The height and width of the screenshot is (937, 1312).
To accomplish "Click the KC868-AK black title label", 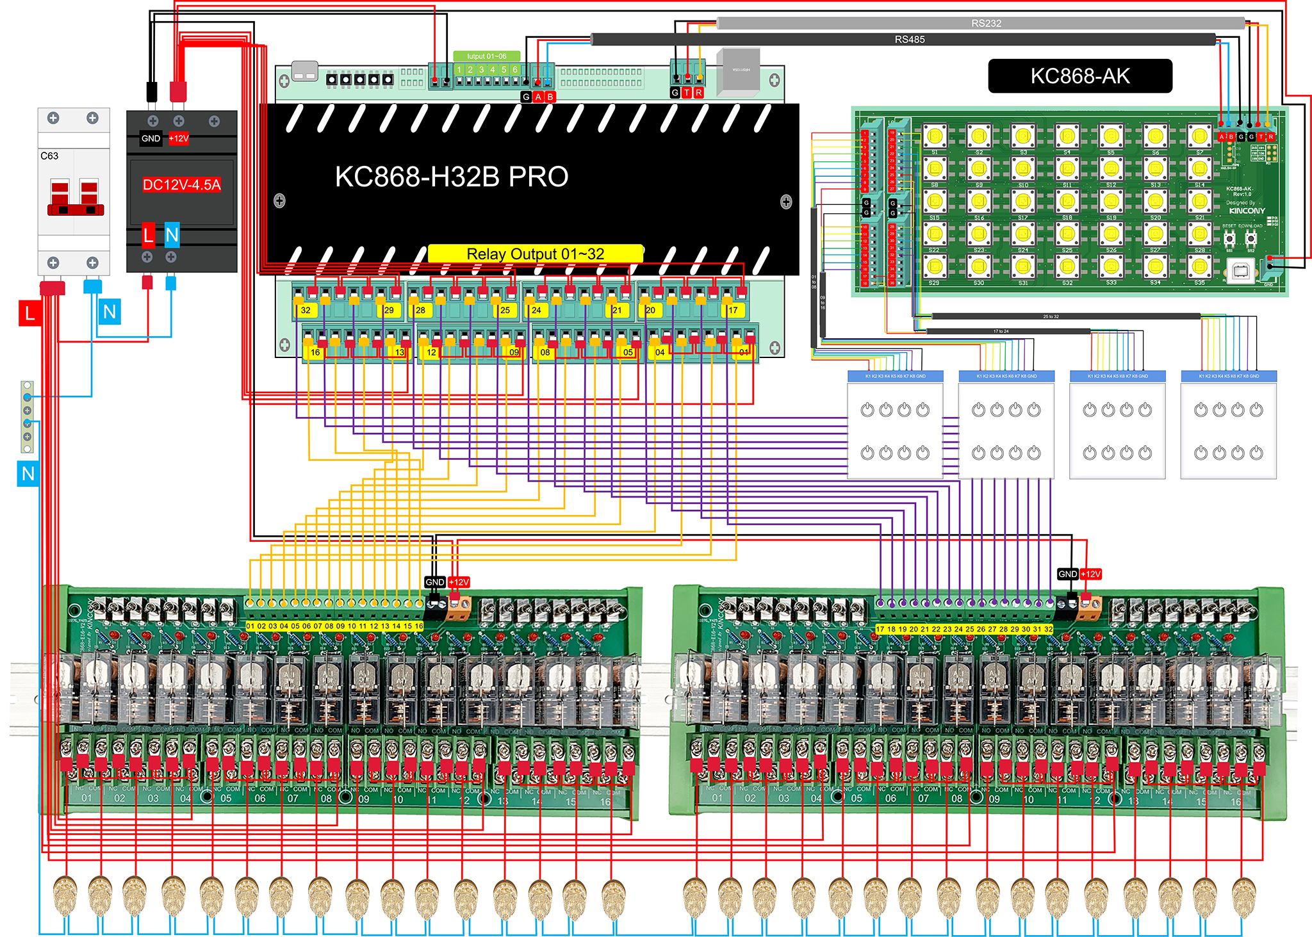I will [1080, 76].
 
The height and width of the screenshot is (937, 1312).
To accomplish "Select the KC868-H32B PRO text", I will [452, 177].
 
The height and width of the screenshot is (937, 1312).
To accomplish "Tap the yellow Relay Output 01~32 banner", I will [535, 254].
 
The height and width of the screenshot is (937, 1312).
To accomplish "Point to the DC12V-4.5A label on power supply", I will [181, 185].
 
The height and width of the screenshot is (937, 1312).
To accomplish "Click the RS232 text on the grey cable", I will [986, 24].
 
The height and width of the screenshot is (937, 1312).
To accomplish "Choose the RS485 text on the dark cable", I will [910, 40].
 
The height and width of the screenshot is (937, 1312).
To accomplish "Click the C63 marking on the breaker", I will [49, 156].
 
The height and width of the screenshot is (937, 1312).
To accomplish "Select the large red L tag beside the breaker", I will [29, 313].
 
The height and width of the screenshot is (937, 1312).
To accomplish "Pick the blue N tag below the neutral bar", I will [28, 474].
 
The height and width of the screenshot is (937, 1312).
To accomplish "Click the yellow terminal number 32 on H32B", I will [306, 310].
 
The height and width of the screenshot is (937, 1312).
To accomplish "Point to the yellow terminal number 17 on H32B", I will [733, 310].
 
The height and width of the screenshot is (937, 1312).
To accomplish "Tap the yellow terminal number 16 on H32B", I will [315, 352].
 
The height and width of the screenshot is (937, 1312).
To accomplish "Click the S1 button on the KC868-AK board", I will [935, 136].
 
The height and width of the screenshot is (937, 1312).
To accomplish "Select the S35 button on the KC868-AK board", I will [1200, 266].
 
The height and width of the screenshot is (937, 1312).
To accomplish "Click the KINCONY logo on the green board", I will [1247, 211].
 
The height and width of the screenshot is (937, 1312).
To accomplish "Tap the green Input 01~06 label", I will [486, 56].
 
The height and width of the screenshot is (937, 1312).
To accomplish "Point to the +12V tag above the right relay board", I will [1090, 574].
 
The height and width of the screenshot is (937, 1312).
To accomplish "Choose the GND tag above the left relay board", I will [434, 582].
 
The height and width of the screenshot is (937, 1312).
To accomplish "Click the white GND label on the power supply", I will [151, 138].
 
